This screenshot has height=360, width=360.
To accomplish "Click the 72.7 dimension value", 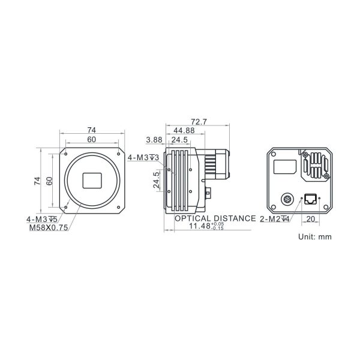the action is pyautogui.click(x=199, y=122).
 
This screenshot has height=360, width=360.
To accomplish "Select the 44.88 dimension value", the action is pyautogui.click(x=184, y=131).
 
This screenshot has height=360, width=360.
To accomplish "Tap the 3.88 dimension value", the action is pyautogui.click(x=154, y=140).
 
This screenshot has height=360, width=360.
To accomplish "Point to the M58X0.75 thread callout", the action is pyautogui.click(x=49, y=227).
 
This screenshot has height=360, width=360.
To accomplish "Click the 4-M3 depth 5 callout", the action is pyautogui.click(x=42, y=219).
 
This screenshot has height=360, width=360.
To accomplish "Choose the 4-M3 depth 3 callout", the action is pyautogui.click(x=143, y=158).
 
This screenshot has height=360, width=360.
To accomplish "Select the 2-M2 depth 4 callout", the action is pyautogui.click(x=275, y=219).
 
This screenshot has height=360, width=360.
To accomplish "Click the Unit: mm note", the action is pyautogui.click(x=315, y=237).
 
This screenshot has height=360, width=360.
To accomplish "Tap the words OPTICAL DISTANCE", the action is pyautogui.click(x=215, y=218).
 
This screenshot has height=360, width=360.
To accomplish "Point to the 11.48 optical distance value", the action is pyautogui.click(x=200, y=226).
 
